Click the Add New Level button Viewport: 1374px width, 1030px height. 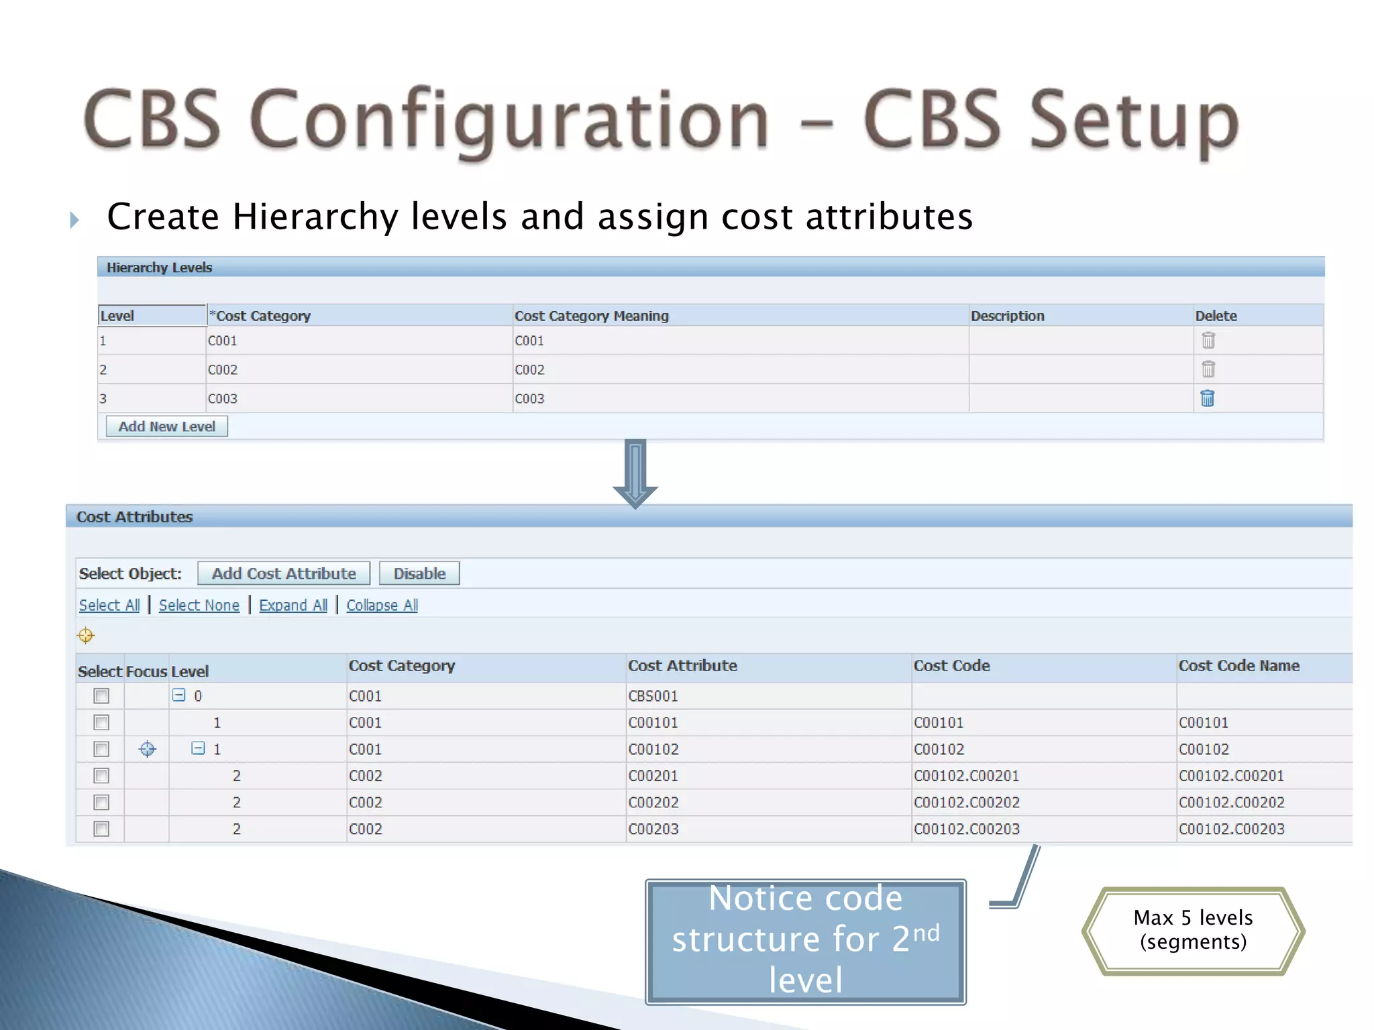pyautogui.click(x=166, y=426)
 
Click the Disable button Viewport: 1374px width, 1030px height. pyautogui.click(x=419, y=573)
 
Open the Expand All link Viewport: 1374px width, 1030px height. pyautogui.click(x=293, y=605)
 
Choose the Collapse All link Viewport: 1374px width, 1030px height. pyautogui.click(x=382, y=605)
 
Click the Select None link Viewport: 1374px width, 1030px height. pyautogui.click(x=199, y=605)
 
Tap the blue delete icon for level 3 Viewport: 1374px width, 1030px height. pyautogui.click(x=1207, y=398)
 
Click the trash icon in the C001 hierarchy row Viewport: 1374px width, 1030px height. pyautogui.click(x=1208, y=341)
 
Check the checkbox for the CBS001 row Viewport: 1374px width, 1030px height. pyautogui.click(x=101, y=696)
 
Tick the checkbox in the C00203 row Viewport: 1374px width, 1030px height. pyautogui.click(x=101, y=829)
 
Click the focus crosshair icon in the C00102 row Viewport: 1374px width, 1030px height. pyautogui.click(x=147, y=749)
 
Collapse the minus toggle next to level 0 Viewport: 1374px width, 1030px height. pyautogui.click(x=178, y=695)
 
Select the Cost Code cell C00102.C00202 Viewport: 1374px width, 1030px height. pyautogui.click(x=966, y=802)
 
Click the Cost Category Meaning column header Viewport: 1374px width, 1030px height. pyautogui.click(x=591, y=316)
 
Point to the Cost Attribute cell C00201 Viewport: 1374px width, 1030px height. pyautogui.click(x=653, y=776)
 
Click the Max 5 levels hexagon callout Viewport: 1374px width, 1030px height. pyautogui.click(x=1193, y=930)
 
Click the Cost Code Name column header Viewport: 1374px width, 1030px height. pyautogui.click(x=1238, y=666)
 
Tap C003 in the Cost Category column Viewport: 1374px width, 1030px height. pyautogui.click(x=223, y=398)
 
